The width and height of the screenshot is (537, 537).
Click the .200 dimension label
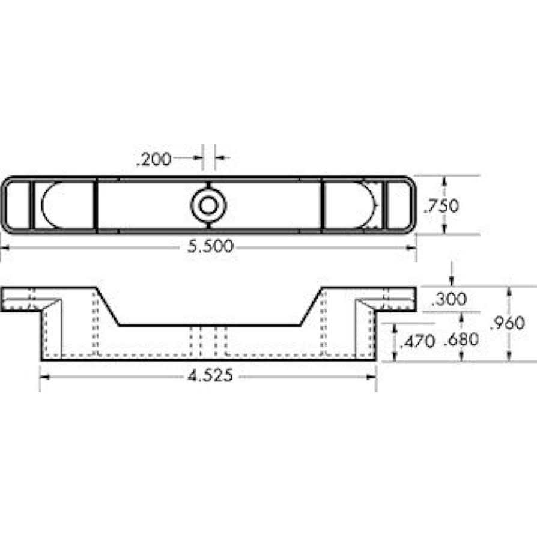[153, 159]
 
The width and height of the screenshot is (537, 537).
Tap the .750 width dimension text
[441, 206]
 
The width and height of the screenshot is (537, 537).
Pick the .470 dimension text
[416, 342]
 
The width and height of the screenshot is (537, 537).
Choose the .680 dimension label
[461, 340]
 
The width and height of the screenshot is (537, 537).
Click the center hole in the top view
[208, 205]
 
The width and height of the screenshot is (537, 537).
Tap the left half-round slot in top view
[66, 205]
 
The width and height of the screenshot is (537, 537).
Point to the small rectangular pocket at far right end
[397, 205]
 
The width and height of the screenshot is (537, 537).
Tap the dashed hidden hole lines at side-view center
[208, 341]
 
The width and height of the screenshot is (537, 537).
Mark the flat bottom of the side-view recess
[208, 326]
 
